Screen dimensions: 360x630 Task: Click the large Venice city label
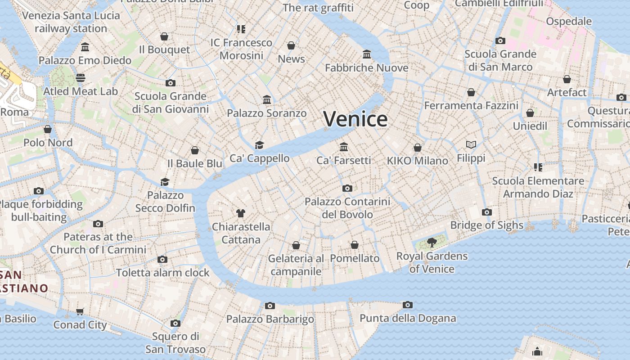coord(355,119)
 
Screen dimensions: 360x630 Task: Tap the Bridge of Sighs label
coord(486,225)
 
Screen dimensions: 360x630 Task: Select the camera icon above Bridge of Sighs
coord(486,212)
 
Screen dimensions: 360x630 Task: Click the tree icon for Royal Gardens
coord(432,243)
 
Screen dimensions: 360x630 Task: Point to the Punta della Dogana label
coord(408,319)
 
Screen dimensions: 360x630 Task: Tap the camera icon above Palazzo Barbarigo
coord(270,306)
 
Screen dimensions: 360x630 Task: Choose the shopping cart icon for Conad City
coord(80,312)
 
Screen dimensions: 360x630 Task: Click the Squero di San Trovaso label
coord(175,342)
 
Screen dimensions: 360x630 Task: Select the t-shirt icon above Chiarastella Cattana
coord(241,213)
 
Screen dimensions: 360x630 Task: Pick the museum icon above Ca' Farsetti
coord(344,147)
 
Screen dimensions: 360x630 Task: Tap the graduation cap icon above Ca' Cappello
coord(259,145)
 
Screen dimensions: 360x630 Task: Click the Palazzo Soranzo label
coord(266,113)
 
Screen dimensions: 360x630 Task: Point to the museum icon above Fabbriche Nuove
coord(367,54)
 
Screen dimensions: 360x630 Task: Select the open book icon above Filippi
coord(471,145)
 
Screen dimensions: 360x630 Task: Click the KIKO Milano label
coord(418,161)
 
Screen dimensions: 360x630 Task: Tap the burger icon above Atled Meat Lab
coord(81,78)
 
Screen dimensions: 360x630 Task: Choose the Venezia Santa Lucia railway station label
coord(71,22)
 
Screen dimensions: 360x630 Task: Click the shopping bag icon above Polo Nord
coord(48,130)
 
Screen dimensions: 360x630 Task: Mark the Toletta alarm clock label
coord(163,273)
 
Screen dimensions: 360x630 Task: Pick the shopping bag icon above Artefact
coord(567,80)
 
